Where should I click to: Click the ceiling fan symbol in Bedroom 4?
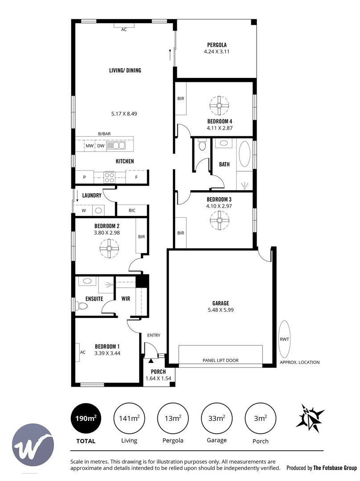[x=219, y=106]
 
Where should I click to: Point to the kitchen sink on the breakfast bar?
[x=116, y=145]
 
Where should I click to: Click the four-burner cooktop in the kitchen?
[x=110, y=177]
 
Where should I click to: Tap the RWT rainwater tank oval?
[x=284, y=339]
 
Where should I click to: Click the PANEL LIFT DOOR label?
[x=221, y=360]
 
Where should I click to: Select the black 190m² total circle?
[x=86, y=418]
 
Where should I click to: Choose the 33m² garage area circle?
[x=217, y=418]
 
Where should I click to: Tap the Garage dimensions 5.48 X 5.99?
[x=221, y=310]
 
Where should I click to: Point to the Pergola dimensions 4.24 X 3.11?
[x=217, y=52]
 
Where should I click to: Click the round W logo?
[x=33, y=445]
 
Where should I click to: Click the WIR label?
[x=126, y=298]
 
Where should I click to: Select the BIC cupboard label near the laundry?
[x=132, y=210]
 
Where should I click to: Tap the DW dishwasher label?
[x=101, y=146]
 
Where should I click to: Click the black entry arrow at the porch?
[x=151, y=361]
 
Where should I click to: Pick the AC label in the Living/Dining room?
[x=124, y=29]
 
